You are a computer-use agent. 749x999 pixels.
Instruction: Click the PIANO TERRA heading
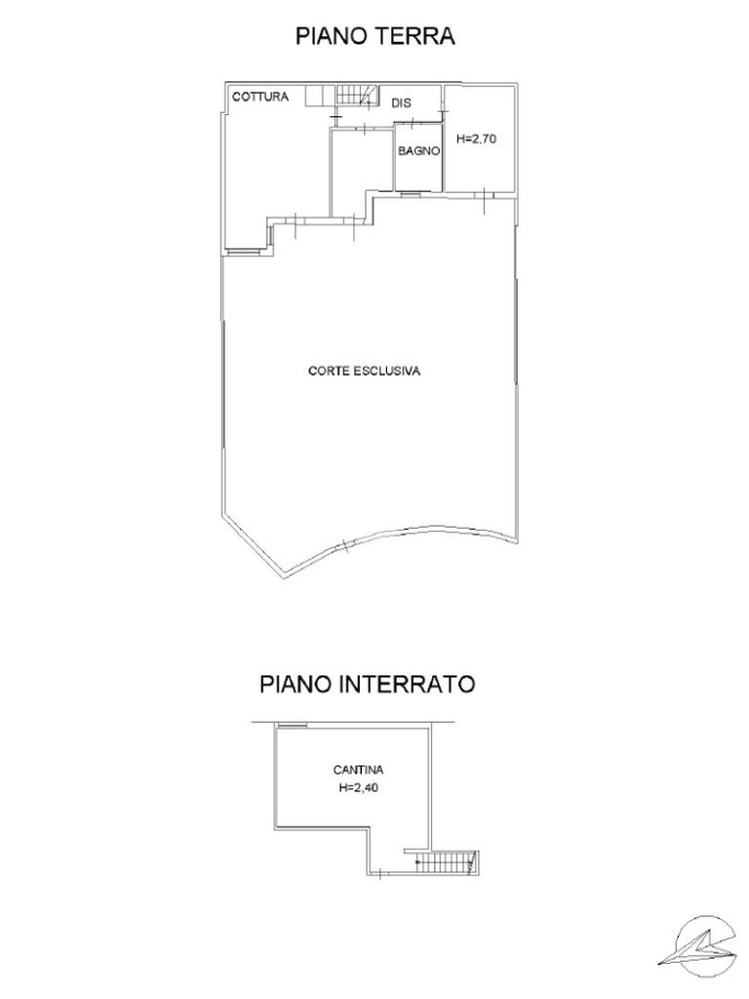pyautogui.click(x=375, y=36)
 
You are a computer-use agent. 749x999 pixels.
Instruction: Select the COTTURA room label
pyautogui.click(x=259, y=98)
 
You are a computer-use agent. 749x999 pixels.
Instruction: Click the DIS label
pyautogui.click(x=400, y=102)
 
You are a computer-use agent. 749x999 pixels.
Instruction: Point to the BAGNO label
pyautogui.click(x=419, y=151)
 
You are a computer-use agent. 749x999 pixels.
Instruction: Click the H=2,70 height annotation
pyautogui.click(x=477, y=140)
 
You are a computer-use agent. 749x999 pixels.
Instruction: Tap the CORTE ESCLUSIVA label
pyautogui.click(x=364, y=372)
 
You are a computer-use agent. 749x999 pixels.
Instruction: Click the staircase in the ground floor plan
pyautogui.click(x=356, y=96)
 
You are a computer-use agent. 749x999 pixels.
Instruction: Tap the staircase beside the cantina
pyautogui.click(x=445, y=861)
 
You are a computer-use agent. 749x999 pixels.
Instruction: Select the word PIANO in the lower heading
pyautogui.click(x=296, y=684)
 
